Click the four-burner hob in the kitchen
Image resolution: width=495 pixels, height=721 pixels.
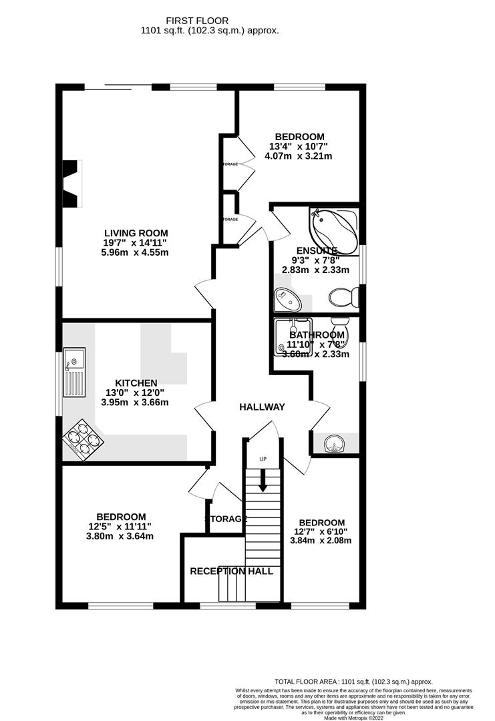(83, 439)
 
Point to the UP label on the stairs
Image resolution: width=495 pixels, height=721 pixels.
(263, 460)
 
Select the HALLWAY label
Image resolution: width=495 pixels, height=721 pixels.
(263, 407)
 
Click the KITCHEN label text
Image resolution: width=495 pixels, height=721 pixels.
(131, 383)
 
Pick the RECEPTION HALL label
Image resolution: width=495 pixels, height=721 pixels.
(231, 571)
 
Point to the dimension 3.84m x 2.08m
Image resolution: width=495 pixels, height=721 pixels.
(321, 541)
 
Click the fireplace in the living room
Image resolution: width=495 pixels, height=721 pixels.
(70, 184)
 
